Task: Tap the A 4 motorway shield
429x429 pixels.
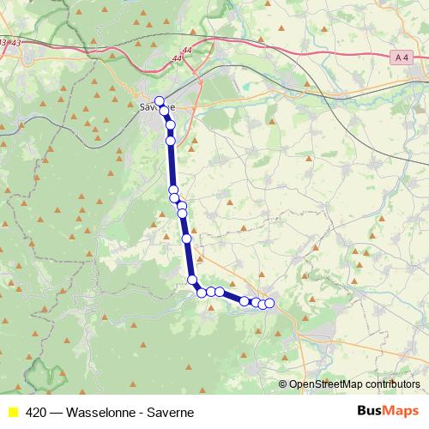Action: point(401,57)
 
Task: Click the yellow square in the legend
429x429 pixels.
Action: point(12,412)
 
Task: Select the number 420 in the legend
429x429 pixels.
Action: point(36,412)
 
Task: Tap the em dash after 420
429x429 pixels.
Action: point(55,412)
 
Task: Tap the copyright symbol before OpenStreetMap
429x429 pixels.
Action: point(283,384)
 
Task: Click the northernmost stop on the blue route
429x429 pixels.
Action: point(159,100)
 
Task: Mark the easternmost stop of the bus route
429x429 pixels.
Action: point(269,303)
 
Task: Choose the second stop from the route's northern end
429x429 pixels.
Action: point(164,111)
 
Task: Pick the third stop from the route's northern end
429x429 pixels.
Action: point(171,125)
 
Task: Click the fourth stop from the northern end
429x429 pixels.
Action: point(171,140)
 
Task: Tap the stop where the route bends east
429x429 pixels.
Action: point(193,279)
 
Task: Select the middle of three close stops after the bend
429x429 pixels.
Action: point(210,292)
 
